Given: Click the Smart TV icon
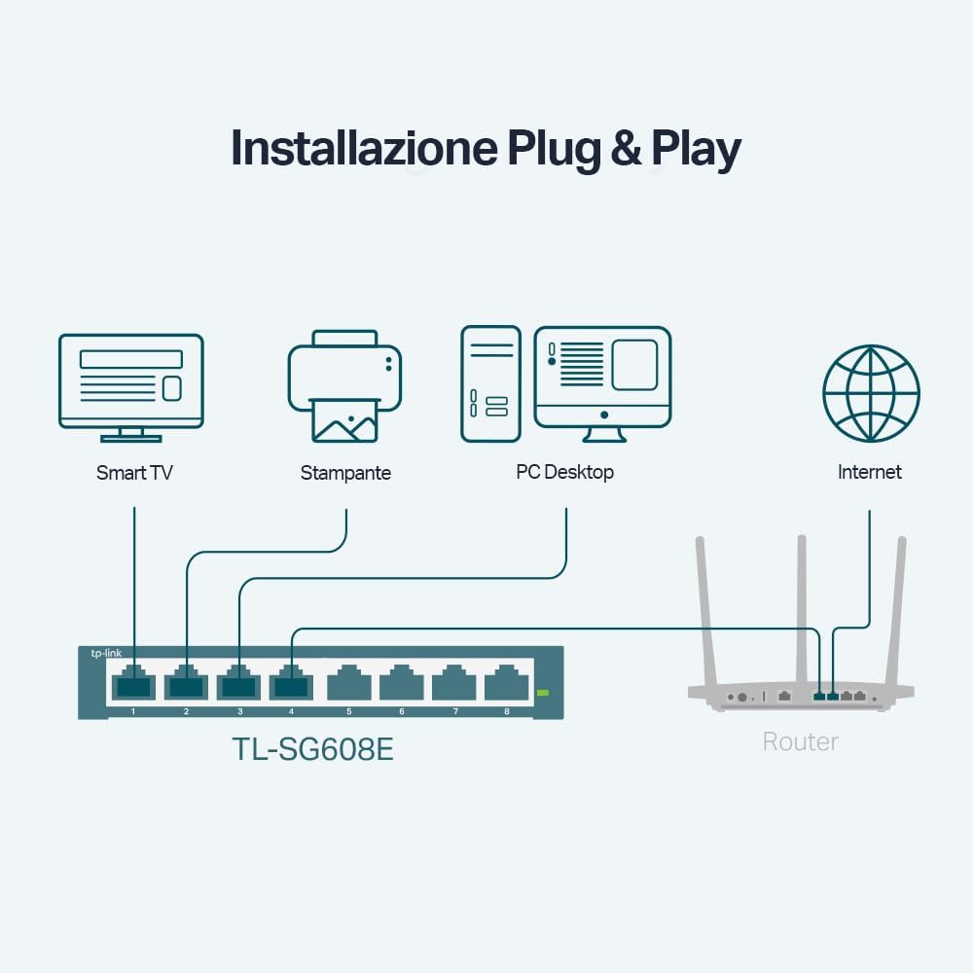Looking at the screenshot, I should tap(131, 380).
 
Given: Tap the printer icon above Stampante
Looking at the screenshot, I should tap(344, 386).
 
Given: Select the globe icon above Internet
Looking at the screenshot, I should tap(871, 393).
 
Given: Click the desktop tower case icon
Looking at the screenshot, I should tap(490, 383).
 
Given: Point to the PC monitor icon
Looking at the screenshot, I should tap(603, 378).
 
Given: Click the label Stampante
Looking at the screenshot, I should tap(345, 474).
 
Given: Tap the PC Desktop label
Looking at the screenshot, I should tap(564, 473).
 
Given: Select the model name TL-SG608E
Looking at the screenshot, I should tap(312, 749).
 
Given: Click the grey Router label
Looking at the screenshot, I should tap(800, 741).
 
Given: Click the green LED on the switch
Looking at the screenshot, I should tap(543, 693).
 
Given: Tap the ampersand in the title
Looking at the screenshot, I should tap(627, 148).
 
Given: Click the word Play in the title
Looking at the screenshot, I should tap(696, 150).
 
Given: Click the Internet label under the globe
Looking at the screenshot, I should tap(870, 472).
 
